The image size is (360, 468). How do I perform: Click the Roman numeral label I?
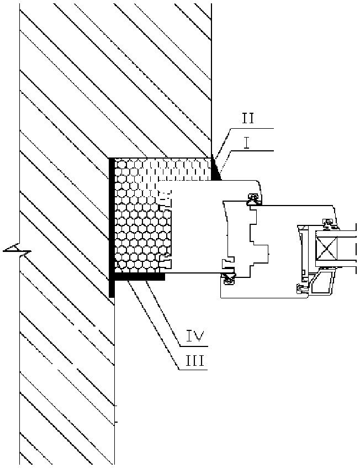coord(246,143)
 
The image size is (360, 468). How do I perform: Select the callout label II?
coord(247,119)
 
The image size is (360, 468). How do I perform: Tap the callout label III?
coord(195,361)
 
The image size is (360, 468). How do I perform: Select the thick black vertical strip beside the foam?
coord(112,227)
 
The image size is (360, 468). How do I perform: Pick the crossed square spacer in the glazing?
coord(326,248)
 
